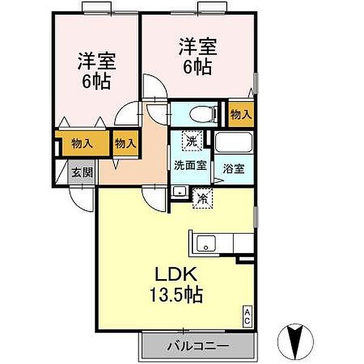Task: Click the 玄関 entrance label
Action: (x=83, y=172)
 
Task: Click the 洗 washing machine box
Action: (x=192, y=143)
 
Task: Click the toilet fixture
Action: (x=200, y=113)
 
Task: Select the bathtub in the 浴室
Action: (x=234, y=144)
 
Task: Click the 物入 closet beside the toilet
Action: (x=241, y=114)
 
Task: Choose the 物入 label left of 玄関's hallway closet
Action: (x=82, y=144)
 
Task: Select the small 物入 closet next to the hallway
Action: (x=126, y=144)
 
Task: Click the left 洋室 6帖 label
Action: (x=96, y=72)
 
